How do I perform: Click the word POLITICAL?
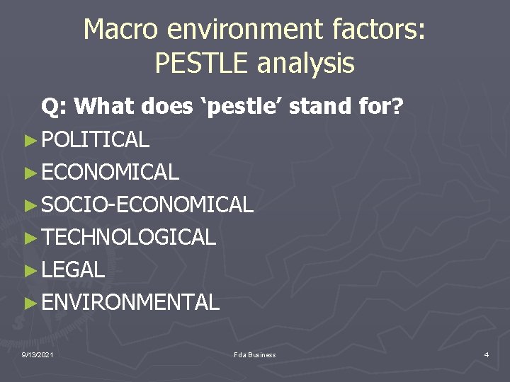[x=95, y=140]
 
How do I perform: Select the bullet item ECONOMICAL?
[x=110, y=172]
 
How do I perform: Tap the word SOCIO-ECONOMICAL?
[x=147, y=205]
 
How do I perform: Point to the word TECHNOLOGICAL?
[x=128, y=238]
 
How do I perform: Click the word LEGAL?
[x=73, y=270]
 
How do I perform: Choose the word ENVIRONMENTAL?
[x=130, y=303]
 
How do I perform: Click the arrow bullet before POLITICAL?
[x=29, y=140]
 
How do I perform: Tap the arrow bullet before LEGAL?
[x=29, y=270]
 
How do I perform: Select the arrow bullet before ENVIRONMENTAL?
[x=29, y=303]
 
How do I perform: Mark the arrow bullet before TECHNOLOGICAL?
[x=29, y=238]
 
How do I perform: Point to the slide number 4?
[x=486, y=354]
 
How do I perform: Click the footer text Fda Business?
[x=254, y=354]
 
